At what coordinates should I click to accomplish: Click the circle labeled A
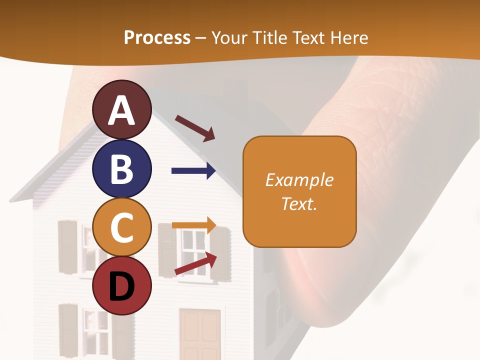coord(121,109)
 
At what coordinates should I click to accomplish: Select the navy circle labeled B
coord(121,169)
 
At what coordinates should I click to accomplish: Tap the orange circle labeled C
coord(121,227)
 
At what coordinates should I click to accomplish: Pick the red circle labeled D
coord(121,285)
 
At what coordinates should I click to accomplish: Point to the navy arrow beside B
coord(193,171)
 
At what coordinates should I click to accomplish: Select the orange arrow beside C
coord(194,225)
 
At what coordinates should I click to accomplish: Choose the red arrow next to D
coord(195,263)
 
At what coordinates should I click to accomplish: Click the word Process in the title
coord(157,37)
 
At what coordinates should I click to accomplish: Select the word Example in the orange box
coord(299,180)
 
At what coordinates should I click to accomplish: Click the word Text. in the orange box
coord(299,203)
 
